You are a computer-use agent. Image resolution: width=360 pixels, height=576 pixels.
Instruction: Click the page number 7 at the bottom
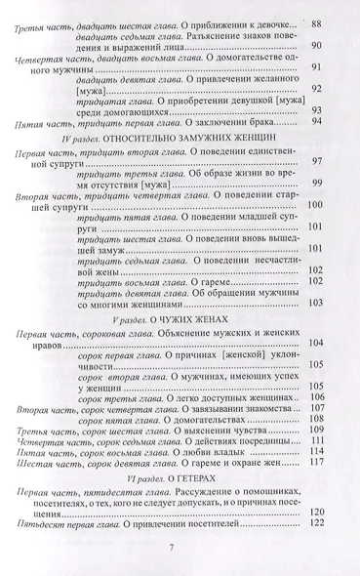tap(180, 555)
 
